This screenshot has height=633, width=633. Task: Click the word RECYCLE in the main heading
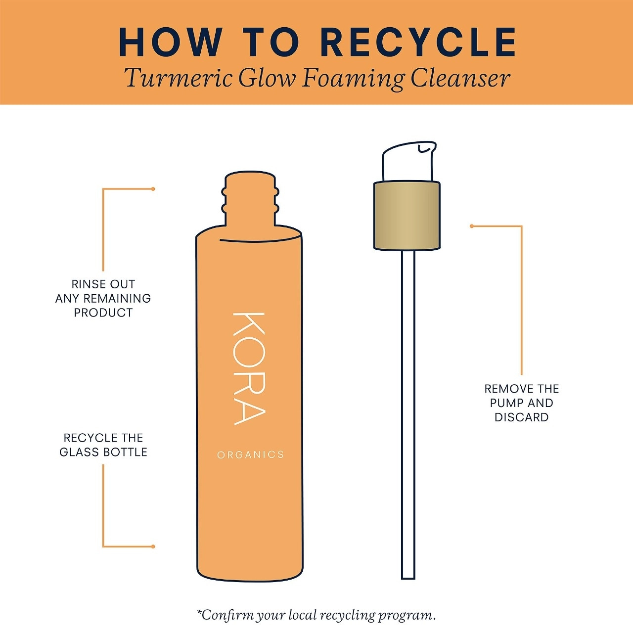tap(421, 43)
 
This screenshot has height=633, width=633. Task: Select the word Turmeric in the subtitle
tap(179, 79)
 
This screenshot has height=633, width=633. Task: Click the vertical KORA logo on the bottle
tap(249, 368)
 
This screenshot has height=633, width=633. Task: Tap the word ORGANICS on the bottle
tap(251, 455)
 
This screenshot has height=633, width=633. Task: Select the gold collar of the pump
tap(407, 216)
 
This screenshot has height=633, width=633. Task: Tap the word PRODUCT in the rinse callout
tap(103, 313)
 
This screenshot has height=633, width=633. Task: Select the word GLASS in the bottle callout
tap(80, 452)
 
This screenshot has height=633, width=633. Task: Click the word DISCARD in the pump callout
tap(522, 417)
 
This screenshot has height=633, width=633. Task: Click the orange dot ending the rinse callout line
tap(153, 189)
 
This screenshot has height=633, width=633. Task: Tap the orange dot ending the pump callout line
tap(472, 226)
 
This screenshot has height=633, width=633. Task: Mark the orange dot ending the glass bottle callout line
tap(153, 546)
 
